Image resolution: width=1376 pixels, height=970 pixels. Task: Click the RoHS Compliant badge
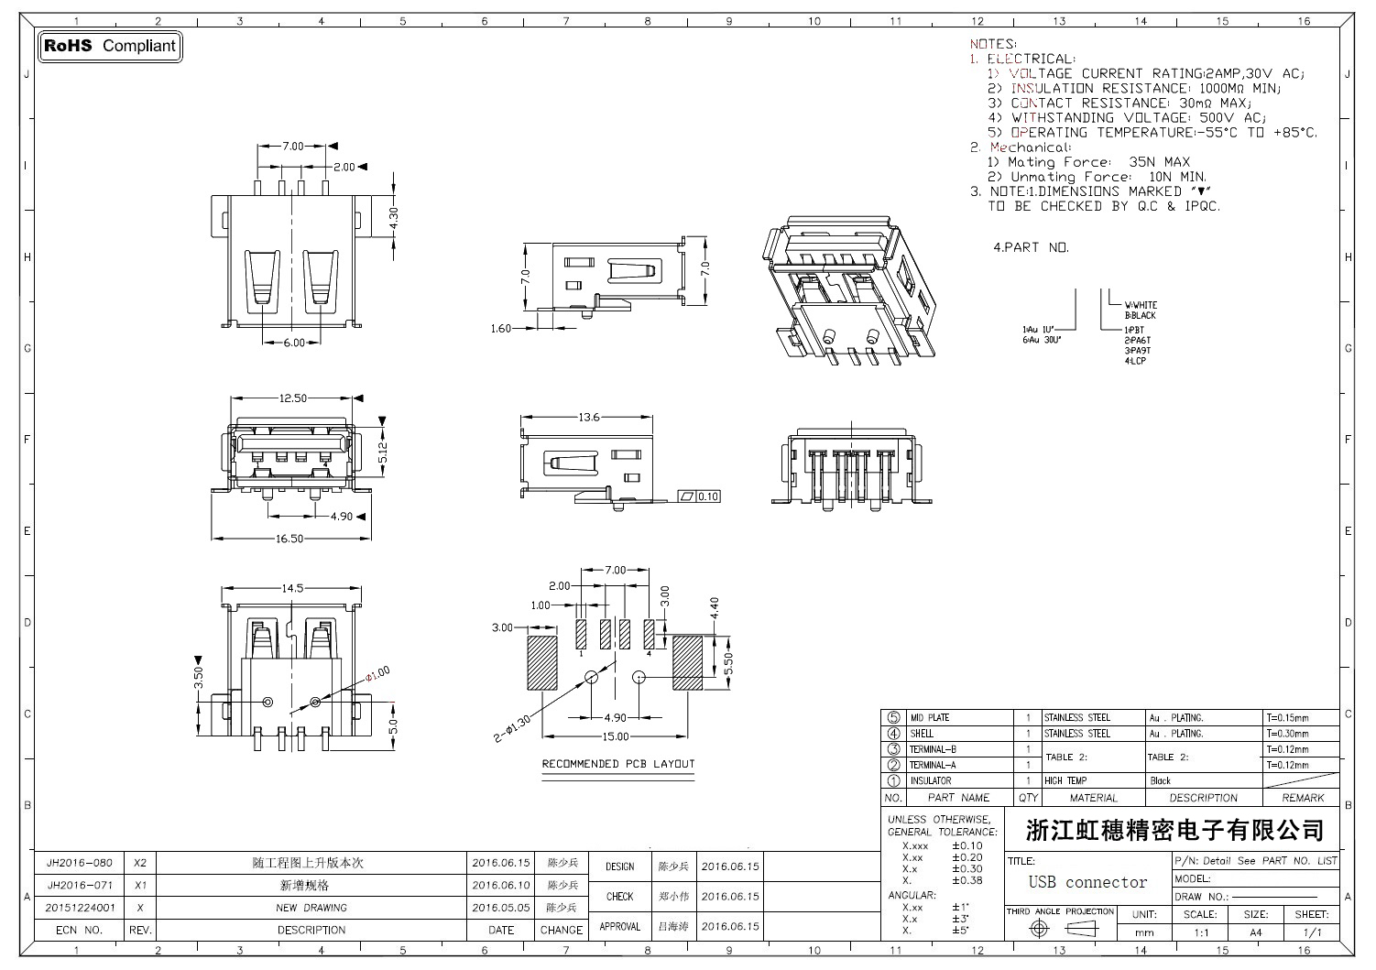pyautogui.click(x=110, y=46)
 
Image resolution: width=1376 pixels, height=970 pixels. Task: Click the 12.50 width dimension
pyautogui.click(x=292, y=398)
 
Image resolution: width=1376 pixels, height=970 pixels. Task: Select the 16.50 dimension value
pyautogui.click(x=289, y=539)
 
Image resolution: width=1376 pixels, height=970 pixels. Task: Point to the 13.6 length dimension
pyautogui.click(x=588, y=418)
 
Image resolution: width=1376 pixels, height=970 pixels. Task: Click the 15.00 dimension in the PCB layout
pyautogui.click(x=615, y=736)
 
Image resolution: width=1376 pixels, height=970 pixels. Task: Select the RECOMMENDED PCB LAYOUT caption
pyautogui.click(x=618, y=764)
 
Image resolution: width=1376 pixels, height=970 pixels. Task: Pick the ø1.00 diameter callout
pyautogui.click(x=377, y=673)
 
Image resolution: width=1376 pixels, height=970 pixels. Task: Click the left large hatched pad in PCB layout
pyautogui.click(x=542, y=663)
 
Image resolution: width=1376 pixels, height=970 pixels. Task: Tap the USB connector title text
pyautogui.click(x=1087, y=882)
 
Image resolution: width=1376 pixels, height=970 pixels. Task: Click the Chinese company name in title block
pyautogui.click(x=1174, y=831)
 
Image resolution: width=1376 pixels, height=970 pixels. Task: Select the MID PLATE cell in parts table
pyautogui.click(x=930, y=718)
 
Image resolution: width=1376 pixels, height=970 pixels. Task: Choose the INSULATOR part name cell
pyautogui.click(x=930, y=781)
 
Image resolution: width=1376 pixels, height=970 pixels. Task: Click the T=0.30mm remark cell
pyautogui.click(x=1287, y=734)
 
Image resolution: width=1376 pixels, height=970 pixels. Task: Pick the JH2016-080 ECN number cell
pyautogui.click(x=80, y=863)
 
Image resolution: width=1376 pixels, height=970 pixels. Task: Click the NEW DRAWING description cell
pyautogui.click(x=311, y=908)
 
